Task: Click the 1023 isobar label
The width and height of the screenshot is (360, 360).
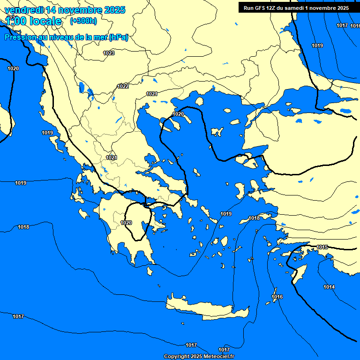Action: coord(109,53)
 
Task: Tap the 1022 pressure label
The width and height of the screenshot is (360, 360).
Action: coord(123,86)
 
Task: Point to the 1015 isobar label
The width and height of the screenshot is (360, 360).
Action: coord(322,247)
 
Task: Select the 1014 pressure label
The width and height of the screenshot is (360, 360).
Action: coord(329,287)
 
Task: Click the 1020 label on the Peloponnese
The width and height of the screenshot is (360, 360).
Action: coord(126,223)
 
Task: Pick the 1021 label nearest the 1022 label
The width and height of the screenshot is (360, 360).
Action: coord(151,94)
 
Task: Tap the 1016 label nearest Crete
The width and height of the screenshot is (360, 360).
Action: coord(277,297)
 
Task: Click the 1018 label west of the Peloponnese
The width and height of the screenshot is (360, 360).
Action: coord(23,227)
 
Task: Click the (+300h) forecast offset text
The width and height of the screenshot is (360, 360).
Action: coord(83,21)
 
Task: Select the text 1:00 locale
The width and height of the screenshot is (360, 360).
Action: coord(33,21)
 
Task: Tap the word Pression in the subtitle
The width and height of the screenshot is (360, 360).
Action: coord(20,37)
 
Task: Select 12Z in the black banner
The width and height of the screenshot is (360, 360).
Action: coord(272,8)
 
